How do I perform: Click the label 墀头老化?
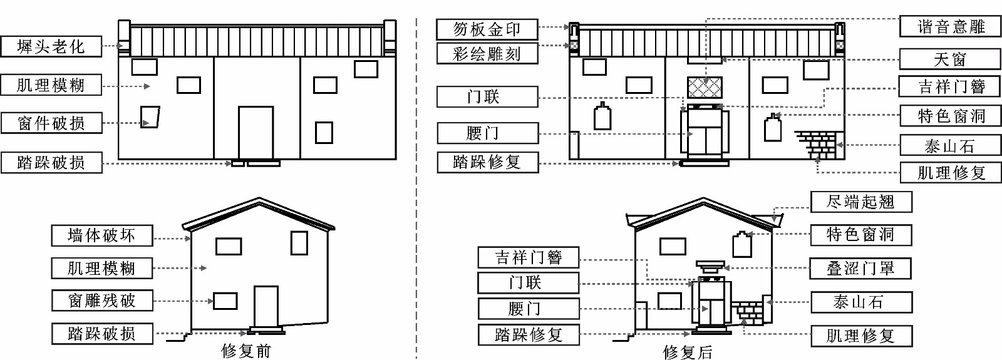pos(51,46)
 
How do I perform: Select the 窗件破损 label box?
pos(51,123)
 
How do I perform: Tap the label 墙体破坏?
pos(101,235)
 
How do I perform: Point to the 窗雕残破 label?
pos(101,301)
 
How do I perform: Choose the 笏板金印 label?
pos(487,29)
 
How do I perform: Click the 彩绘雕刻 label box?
pos(487,54)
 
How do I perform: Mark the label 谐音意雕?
pos(950,26)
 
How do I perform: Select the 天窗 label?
pos(950,59)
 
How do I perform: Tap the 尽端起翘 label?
pos(861,202)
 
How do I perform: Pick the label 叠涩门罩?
pos(860,269)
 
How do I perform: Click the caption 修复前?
pos(246,351)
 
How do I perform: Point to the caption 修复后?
pos(687,352)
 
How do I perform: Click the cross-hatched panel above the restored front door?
pos(705,87)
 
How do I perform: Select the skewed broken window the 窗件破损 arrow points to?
pos(150,117)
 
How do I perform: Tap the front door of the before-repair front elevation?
pos(256,132)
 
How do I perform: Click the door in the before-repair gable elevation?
pos(266,306)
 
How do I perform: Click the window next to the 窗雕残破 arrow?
pos(225,301)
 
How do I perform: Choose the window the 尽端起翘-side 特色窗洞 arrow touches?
pos(742,244)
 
